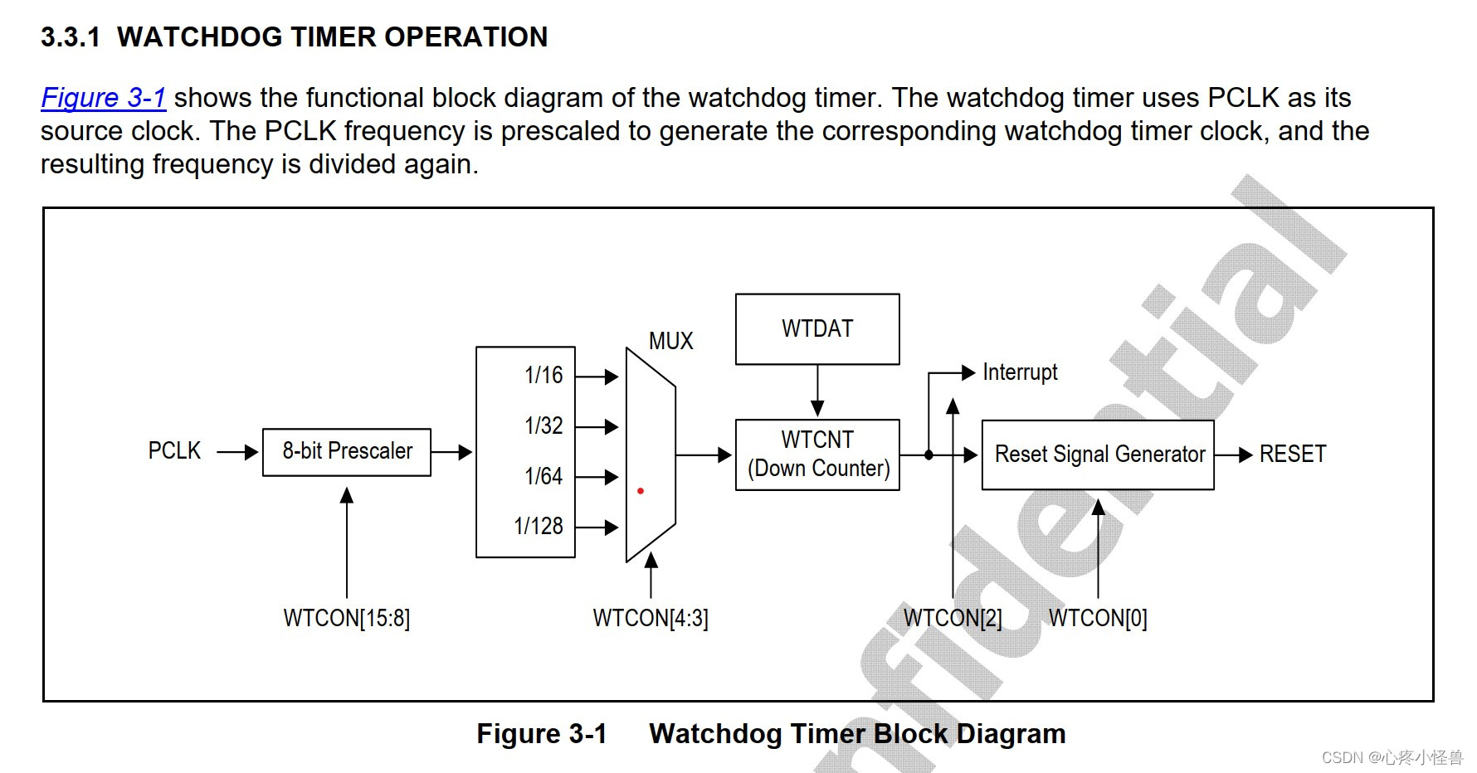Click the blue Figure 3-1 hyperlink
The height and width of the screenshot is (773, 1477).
click(104, 98)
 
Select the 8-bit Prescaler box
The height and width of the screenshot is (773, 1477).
click(347, 452)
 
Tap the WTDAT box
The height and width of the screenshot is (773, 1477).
click(817, 329)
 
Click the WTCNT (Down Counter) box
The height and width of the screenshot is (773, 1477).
click(817, 455)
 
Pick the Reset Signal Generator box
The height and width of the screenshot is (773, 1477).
click(1098, 455)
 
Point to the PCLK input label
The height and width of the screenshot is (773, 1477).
click(174, 451)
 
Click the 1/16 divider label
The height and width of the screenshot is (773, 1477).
click(544, 376)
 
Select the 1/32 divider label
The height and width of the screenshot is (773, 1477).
click(544, 426)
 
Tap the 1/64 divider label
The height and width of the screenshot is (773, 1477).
click(544, 477)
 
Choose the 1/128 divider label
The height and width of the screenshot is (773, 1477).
click(539, 527)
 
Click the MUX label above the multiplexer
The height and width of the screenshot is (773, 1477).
click(670, 341)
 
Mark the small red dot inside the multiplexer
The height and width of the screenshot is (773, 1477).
click(641, 491)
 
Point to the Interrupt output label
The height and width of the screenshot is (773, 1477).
click(1020, 372)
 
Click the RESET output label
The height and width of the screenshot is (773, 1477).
click(1292, 455)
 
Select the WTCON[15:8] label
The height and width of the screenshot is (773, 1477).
click(347, 619)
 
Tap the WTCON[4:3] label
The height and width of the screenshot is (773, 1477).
click(651, 619)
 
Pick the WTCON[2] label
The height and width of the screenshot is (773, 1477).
click(953, 619)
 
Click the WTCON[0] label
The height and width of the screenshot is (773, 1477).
click(1098, 619)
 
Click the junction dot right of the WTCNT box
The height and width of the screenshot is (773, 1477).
click(929, 455)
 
